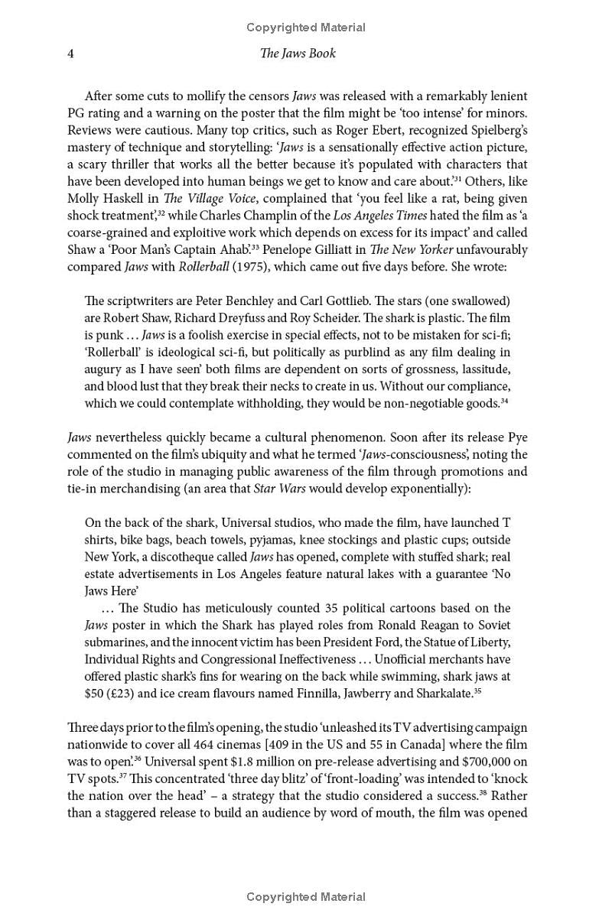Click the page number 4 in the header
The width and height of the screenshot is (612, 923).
click(x=70, y=54)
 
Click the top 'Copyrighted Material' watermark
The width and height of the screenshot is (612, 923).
click(x=306, y=28)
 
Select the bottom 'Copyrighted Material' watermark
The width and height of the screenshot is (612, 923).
click(x=306, y=897)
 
